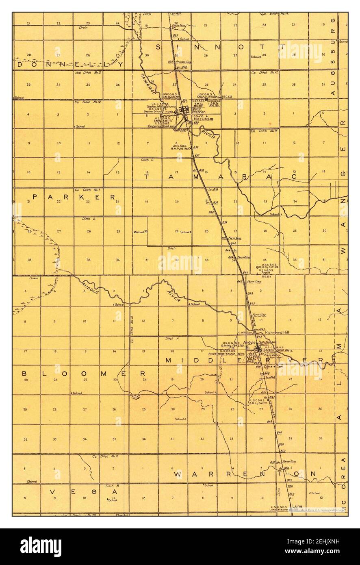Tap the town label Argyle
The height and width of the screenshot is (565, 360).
[x=249, y=343]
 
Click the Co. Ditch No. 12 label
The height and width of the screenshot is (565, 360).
[x=86, y=102]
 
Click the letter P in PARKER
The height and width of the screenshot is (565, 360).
[x=35, y=197]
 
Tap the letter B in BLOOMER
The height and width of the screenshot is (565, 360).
[x=24, y=373]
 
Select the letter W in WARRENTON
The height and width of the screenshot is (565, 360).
[x=178, y=474]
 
